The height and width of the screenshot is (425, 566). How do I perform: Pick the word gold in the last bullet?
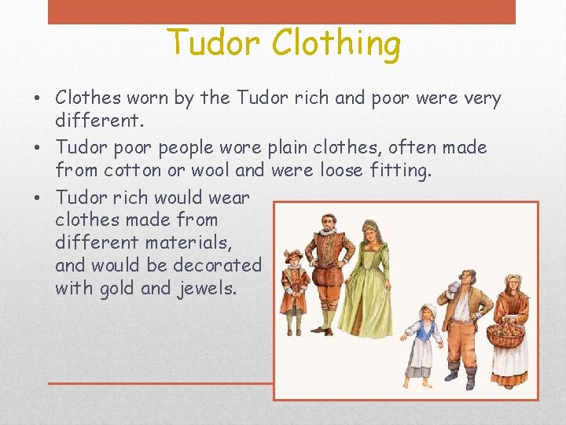pyautogui.click(x=118, y=288)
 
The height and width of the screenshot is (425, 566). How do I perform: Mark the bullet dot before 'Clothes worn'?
pyautogui.click(x=39, y=99)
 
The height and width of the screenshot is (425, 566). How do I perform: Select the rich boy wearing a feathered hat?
pyautogui.click(x=294, y=283)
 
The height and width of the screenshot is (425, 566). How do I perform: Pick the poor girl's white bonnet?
pyautogui.click(x=428, y=309)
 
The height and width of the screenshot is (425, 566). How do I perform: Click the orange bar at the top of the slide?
pyautogui.click(x=281, y=11)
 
